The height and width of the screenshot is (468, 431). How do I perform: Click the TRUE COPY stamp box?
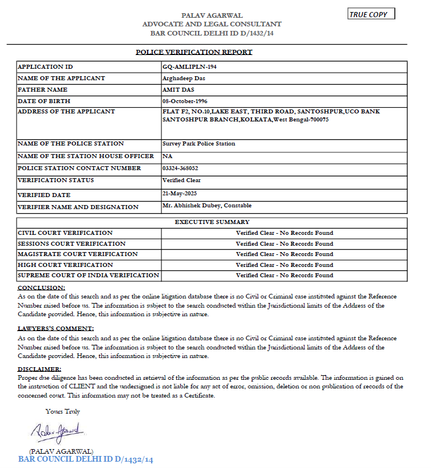(371, 14)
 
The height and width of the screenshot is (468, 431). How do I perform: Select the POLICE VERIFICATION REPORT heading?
(194, 52)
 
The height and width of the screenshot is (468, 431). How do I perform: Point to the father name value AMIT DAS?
(180, 90)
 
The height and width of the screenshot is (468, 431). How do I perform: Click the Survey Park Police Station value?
(199, 144)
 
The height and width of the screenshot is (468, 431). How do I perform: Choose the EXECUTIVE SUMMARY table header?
(212, 222)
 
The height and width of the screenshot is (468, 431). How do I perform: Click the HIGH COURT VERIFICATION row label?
(65, 265)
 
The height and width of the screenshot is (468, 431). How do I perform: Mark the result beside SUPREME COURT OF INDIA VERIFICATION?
(284, 276)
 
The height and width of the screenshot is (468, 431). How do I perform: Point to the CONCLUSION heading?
(41, 288)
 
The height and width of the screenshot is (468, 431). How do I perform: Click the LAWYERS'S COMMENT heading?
(56, 328)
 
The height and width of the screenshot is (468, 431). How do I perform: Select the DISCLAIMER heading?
(39, 369)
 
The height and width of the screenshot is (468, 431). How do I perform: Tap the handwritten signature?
(58, 430)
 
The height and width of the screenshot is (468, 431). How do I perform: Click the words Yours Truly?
(63, 411)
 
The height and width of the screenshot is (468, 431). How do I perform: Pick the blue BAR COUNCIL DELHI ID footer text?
(86, 459)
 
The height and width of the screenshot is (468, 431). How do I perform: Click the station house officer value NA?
(167, 156)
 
